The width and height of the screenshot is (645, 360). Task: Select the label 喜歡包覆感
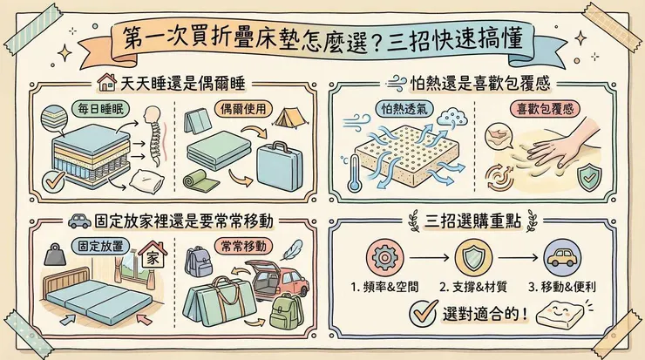point(533,111)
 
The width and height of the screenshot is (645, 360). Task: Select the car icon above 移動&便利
point(560,258)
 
